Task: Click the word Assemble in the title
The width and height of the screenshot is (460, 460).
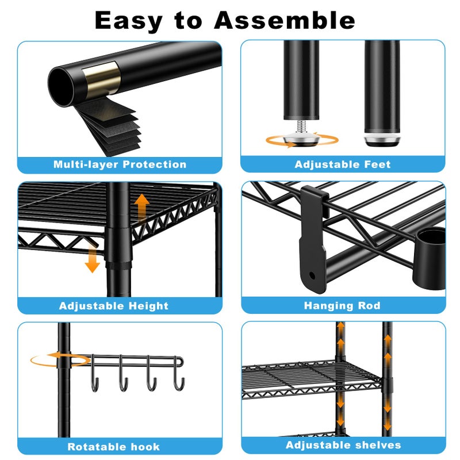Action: point(284,20)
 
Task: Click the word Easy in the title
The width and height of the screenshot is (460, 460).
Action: point(129,21)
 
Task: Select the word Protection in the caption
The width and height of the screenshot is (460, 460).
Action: point(155,164)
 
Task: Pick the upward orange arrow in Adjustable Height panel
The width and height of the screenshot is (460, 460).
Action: point(142,207)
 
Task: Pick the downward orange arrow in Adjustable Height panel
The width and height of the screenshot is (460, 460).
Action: point(93,258)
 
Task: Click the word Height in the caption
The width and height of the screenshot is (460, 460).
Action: point(148,306)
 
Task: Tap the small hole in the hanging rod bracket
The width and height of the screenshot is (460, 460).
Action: point(312,275)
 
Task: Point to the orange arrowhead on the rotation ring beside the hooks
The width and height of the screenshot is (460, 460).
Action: point(53,355)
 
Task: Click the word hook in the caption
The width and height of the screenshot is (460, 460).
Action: point(145,447)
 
